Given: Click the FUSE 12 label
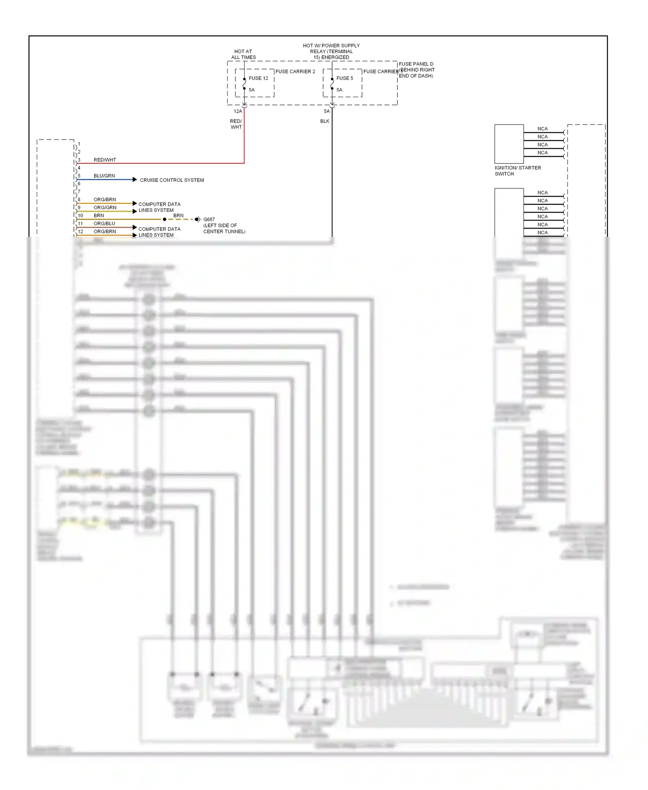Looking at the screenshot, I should pos(258,78).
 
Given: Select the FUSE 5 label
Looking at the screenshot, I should pos(345,78).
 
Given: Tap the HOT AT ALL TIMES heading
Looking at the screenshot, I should pos(243,54).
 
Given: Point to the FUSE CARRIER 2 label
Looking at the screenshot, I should pos(295,71).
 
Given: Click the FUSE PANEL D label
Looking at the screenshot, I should pos(416,64).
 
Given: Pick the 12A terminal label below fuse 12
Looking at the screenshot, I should pos(238,111).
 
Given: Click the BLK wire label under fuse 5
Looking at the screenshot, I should pos(325,121).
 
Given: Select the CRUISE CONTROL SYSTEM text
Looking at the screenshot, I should pos(172,180).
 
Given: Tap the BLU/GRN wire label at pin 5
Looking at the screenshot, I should pos(104,176).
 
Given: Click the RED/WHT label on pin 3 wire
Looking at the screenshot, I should pos(105,160).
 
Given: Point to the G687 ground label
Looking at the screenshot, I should pos(209,220).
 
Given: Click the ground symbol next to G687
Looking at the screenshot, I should pos(197,220).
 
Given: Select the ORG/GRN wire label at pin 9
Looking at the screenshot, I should pos(105,207).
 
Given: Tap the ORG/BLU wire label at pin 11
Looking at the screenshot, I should pos(104,223).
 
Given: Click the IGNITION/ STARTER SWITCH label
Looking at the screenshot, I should pos(518,171).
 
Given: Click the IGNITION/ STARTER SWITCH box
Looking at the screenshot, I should pos(509,144).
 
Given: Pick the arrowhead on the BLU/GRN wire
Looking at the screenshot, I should pos(135,179).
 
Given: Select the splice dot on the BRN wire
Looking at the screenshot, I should pos(165,220).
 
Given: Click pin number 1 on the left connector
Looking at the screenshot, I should pos(79,144).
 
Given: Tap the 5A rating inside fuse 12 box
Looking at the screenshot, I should pos(252,90).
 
